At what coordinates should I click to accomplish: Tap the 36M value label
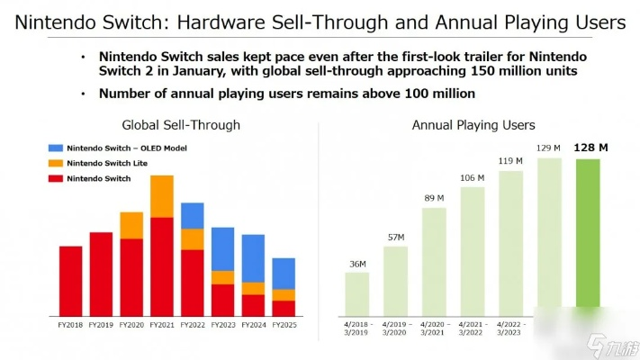357,264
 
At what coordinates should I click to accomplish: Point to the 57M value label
396,237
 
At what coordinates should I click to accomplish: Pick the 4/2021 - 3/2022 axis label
473,328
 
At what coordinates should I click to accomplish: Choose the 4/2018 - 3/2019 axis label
357,328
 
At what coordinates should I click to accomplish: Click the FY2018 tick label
70,325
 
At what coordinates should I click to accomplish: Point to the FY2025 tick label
284,325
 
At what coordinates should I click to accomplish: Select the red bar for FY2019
101,274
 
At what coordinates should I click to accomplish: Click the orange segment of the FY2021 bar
162,196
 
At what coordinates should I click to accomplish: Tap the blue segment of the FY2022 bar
193,215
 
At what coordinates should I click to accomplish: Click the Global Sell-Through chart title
181,125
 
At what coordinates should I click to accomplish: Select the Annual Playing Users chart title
473,125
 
